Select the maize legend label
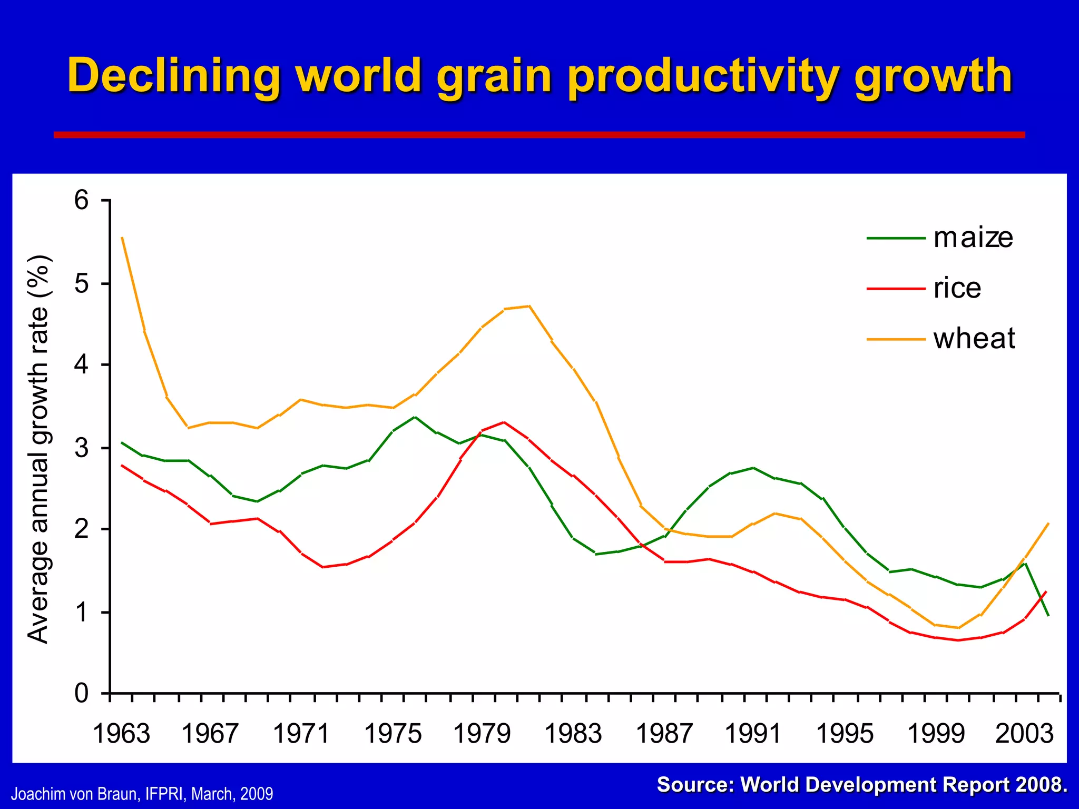coord(973,238)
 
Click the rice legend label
coord(957,288)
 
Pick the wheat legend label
coord(974,338)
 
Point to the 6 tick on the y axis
coord(82,201)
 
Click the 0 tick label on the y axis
coord(82,694)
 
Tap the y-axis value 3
coord(82,448)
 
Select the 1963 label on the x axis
coord(121,734)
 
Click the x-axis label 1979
coord(482,734)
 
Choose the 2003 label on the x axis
coord(1024,734)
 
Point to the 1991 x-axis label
coord(753,734)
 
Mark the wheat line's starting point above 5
coord(122,238)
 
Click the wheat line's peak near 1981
coord(529,306)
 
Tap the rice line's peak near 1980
coord(504,422)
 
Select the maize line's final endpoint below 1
coord(1048,615)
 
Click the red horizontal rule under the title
coord(539,135)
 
